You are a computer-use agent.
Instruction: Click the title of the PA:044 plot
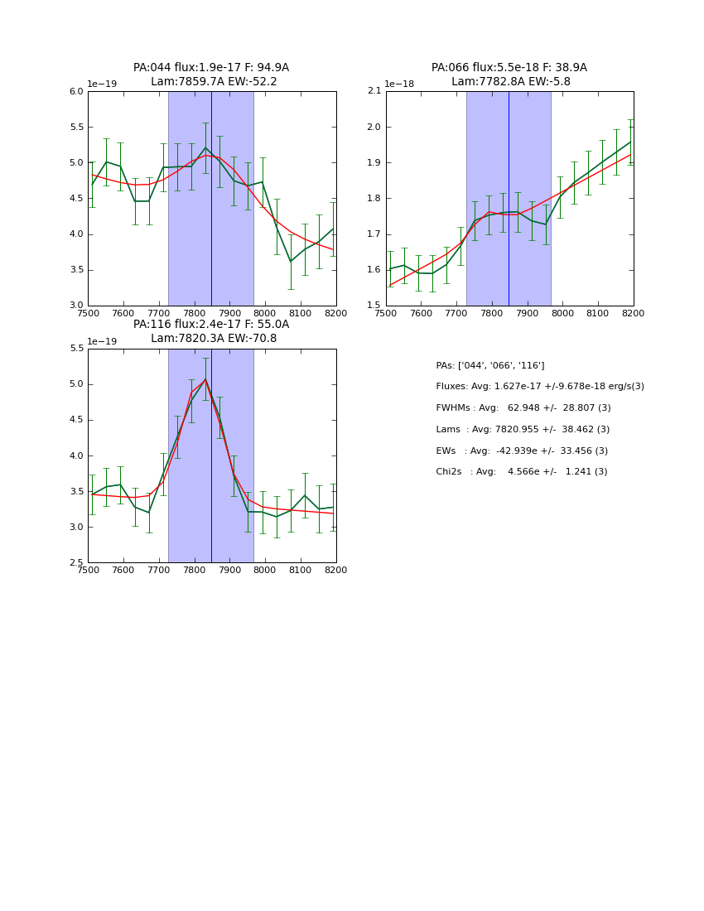(x=211, y=75)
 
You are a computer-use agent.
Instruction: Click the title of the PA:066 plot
(x=509, y=75)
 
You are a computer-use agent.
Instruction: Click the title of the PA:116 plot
(x=211, y=331)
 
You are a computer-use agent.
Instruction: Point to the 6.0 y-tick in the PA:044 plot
(x=76, y=92)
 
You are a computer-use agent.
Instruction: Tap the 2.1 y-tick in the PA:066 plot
(x=374, y=92)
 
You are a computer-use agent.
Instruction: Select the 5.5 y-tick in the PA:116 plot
(x=76, y=349)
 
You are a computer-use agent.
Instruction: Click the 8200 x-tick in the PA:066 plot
(x=633, y=313)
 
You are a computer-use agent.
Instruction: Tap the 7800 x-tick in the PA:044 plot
(x=194, y=313)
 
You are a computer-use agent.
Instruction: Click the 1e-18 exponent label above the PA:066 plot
(x=399, y=84)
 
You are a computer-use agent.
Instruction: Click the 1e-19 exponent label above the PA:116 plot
(x=102, y=341)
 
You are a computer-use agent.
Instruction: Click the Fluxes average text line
(x=540, y=387)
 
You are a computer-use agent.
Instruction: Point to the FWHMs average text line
(x=523, y=407)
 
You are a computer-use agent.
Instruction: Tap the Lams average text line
(x=523, y=429)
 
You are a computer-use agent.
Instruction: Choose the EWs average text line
(x=522, y=451)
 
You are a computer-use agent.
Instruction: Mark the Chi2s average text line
(x=522, y=472)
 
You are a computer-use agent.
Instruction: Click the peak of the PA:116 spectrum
(x=205, y=379)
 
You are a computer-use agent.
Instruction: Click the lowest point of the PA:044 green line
(x=291, y=261)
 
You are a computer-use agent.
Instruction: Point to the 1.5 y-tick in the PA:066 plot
(x=374, y=306)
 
